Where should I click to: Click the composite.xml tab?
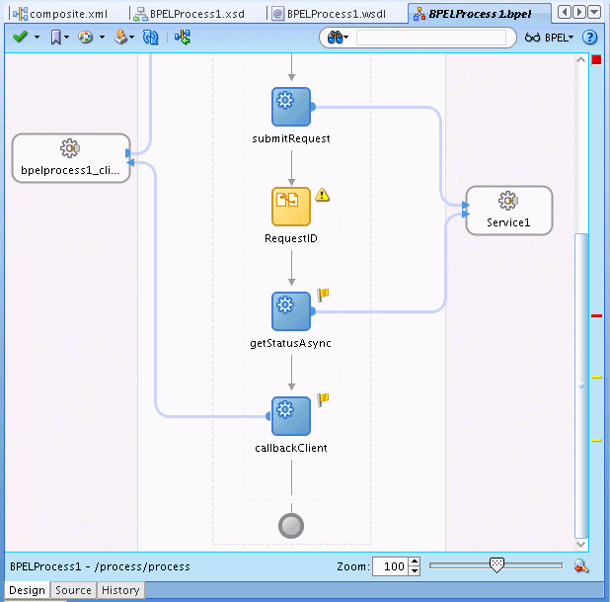tap(60, 14)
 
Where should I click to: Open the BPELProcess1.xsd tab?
tap(190, 14)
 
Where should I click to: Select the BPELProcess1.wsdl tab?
tap(329, 14)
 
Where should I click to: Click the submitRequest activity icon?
tap(291, 107)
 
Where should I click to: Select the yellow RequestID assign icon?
tap(291, 207)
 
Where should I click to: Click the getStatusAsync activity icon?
tap(291, 311)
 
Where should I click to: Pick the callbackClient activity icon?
tap(291, 416)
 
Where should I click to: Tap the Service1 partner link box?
tap(509, 211)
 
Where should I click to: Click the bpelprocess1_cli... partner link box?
tap(71, 158)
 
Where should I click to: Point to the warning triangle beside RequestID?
tap(322, 195)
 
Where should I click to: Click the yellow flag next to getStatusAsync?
tap(323, 295)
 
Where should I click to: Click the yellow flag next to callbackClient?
tap(323, 399)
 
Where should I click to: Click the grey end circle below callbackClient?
tap(291, 526)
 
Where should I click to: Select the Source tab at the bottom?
tap(73, 590)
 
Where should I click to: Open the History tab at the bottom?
tap(120, 590)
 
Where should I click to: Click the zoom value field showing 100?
tap(391, 566)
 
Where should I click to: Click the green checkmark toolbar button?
tap(20, 37)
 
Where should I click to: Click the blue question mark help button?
tap(590, 38)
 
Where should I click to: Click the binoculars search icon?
tap(335, 38)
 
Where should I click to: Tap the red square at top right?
tap(596, 59)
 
